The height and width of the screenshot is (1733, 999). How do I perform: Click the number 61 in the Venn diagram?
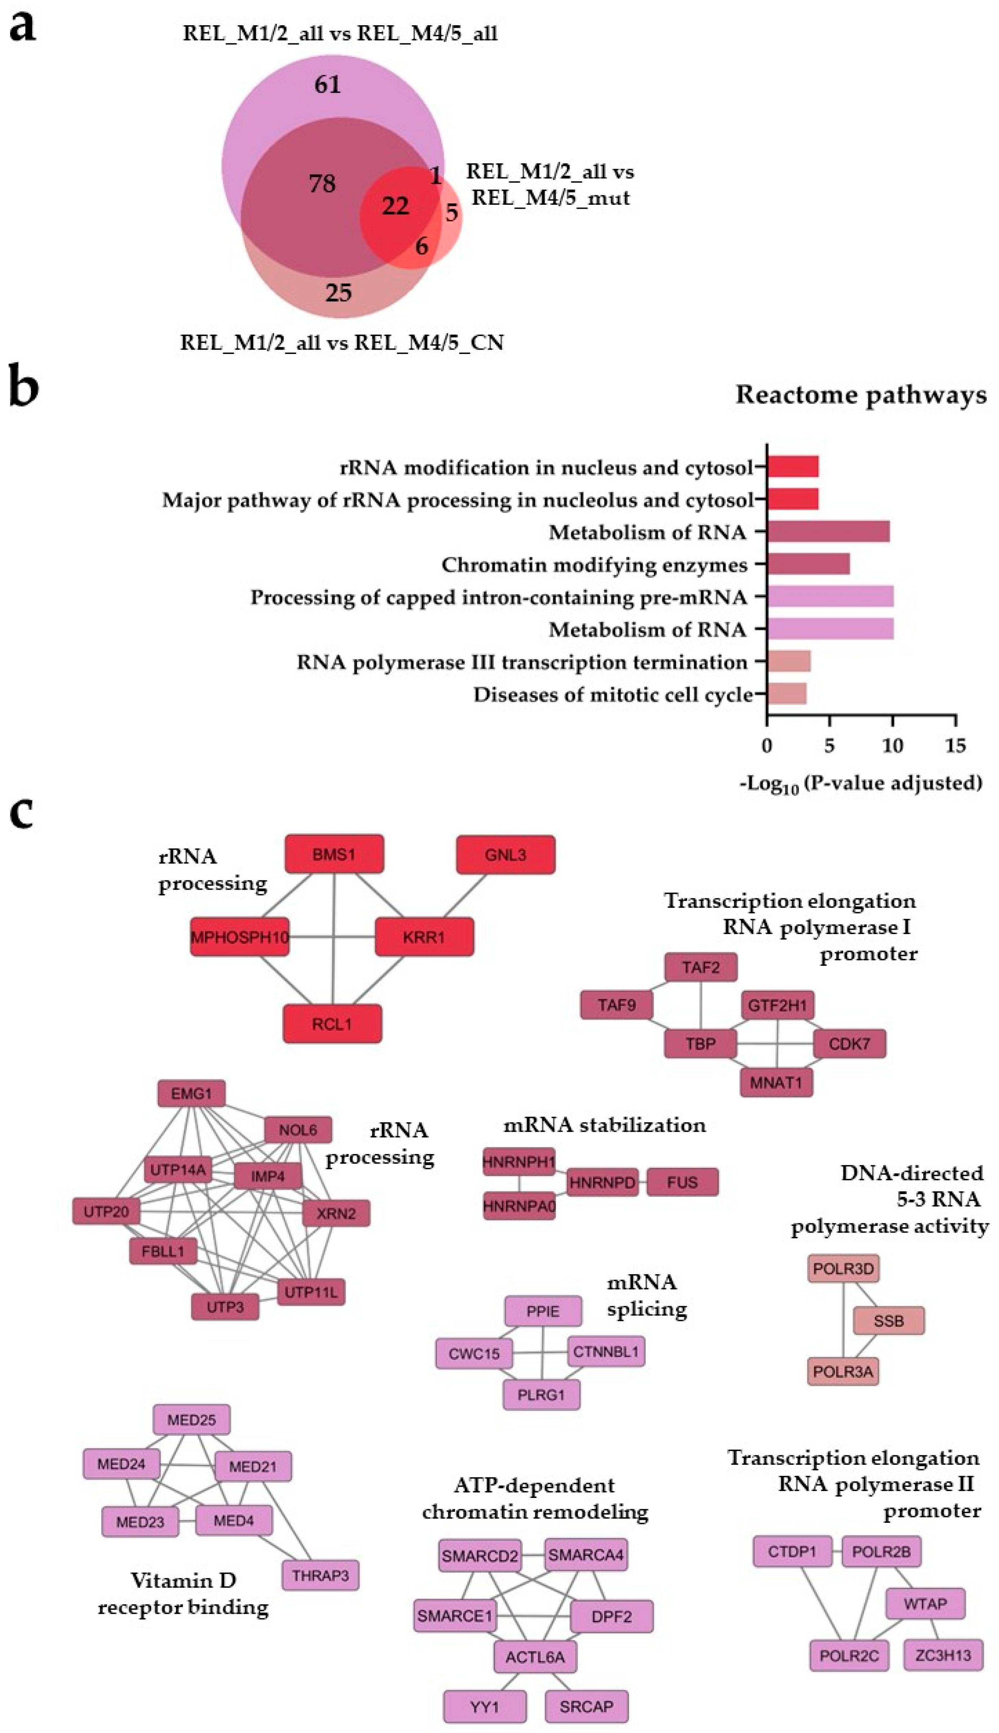tap(327, 84)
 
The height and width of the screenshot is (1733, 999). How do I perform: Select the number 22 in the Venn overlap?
tap(395, 206)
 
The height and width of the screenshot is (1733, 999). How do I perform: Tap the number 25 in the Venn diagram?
tap(338, 293)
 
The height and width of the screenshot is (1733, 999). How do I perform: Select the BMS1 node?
tap(334, 854)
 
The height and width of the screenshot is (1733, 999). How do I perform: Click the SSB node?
tap(889, 1321)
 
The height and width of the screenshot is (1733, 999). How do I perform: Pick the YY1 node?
tap(485, 1706)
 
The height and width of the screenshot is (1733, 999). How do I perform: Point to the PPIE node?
tap(543, 1311)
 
